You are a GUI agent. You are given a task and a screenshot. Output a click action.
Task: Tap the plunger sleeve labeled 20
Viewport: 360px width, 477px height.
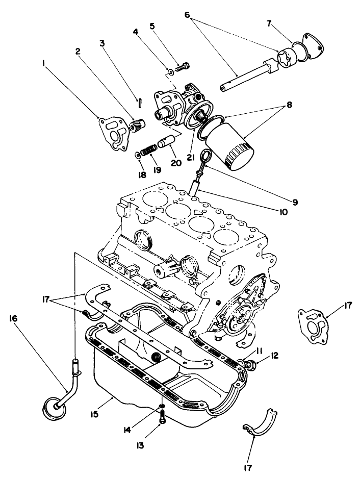[168, 141]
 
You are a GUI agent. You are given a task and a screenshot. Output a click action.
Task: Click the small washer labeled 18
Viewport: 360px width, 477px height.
[138, 155]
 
